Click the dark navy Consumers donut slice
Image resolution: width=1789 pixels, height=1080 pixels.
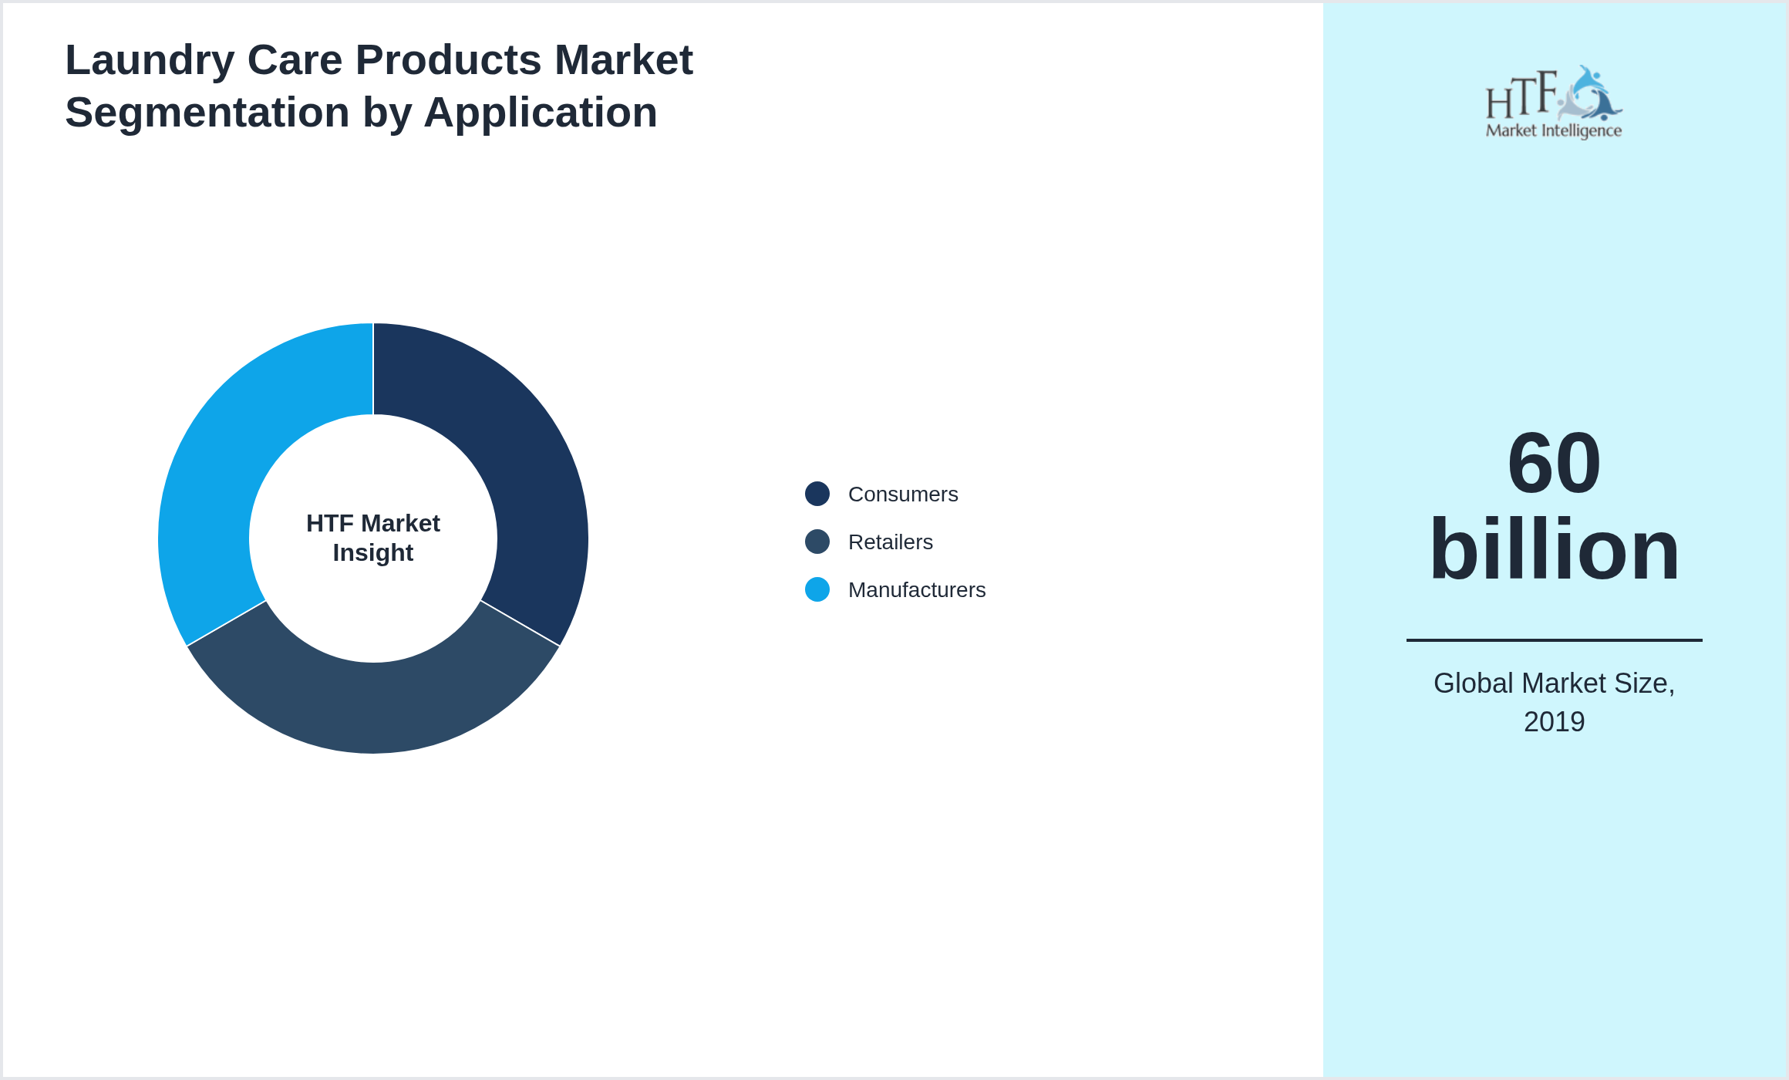532,463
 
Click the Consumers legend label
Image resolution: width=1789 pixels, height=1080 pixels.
903,494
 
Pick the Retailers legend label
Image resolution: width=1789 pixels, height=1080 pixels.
891,542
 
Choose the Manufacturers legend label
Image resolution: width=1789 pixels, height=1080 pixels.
917,590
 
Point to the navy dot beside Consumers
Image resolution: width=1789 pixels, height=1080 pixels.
817,494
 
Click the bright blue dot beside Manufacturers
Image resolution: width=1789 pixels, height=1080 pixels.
817,589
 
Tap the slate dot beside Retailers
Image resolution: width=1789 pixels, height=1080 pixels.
817,542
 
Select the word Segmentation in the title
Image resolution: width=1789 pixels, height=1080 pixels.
207,113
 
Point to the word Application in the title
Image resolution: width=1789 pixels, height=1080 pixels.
541,113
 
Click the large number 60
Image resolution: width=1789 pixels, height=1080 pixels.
1554,464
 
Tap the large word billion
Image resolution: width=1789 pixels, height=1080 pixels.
1554,549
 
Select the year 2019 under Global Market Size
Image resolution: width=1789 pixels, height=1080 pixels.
1554,722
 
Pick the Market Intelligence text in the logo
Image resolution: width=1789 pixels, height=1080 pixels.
1554,130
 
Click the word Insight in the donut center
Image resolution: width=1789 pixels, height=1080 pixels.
373,553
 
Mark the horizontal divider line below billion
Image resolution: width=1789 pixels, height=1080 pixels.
1554,640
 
